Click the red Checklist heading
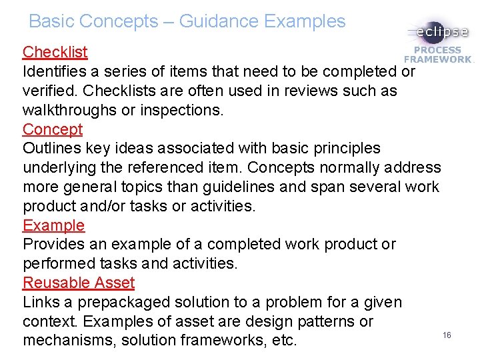click(x=55, y=52)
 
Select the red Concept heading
click(x=53, y=129)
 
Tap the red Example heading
click(x=54, y=225)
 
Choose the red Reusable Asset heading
click(x=79, y=283)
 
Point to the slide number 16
click(x=447, y=335)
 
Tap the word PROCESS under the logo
click(x=437, y=50)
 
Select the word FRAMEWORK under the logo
click(x=437, y=59)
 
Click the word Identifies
click(x=56, y=71)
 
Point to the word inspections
click(x=179, y=110)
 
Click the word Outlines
click(x=51, y=148)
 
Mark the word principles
click(x=341, y=148)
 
